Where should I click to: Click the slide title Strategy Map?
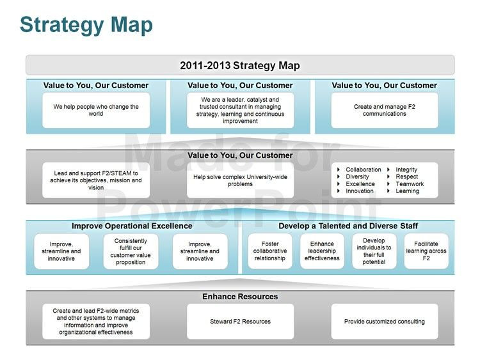point(86,25)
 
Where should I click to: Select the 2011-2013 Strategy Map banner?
point(240,65)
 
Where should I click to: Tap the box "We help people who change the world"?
point(96,110)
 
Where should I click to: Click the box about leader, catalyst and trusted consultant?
point(240,110)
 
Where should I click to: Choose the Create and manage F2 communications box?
point(384,110)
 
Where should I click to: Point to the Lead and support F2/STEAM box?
point(96,180)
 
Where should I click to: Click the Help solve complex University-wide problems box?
point(240,180)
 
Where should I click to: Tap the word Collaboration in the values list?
point(363,169)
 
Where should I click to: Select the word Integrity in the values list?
point(406,169)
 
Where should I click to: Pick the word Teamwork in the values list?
point(410,184)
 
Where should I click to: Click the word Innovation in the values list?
point(360,191)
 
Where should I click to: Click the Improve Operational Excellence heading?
point(132,226)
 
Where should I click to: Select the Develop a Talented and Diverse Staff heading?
point(348,226)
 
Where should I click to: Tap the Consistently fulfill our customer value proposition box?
point(131,251)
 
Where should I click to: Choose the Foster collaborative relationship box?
point(269,251)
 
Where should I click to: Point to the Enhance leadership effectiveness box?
point(322,251)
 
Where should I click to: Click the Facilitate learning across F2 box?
point(426,251)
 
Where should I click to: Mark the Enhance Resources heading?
point(240,297)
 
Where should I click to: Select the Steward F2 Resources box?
point(240,321)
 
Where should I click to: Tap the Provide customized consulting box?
point(384,321)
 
